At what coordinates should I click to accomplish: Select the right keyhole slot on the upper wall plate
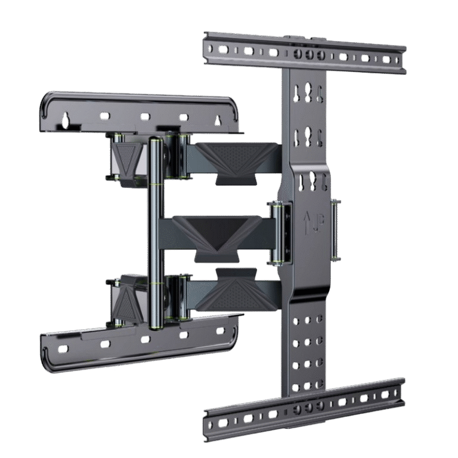pos(217,120)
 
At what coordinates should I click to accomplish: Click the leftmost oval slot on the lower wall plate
pos(63,349)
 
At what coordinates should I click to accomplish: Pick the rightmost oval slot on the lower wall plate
pos(220,331)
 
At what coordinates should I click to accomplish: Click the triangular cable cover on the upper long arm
pos(237,160)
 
